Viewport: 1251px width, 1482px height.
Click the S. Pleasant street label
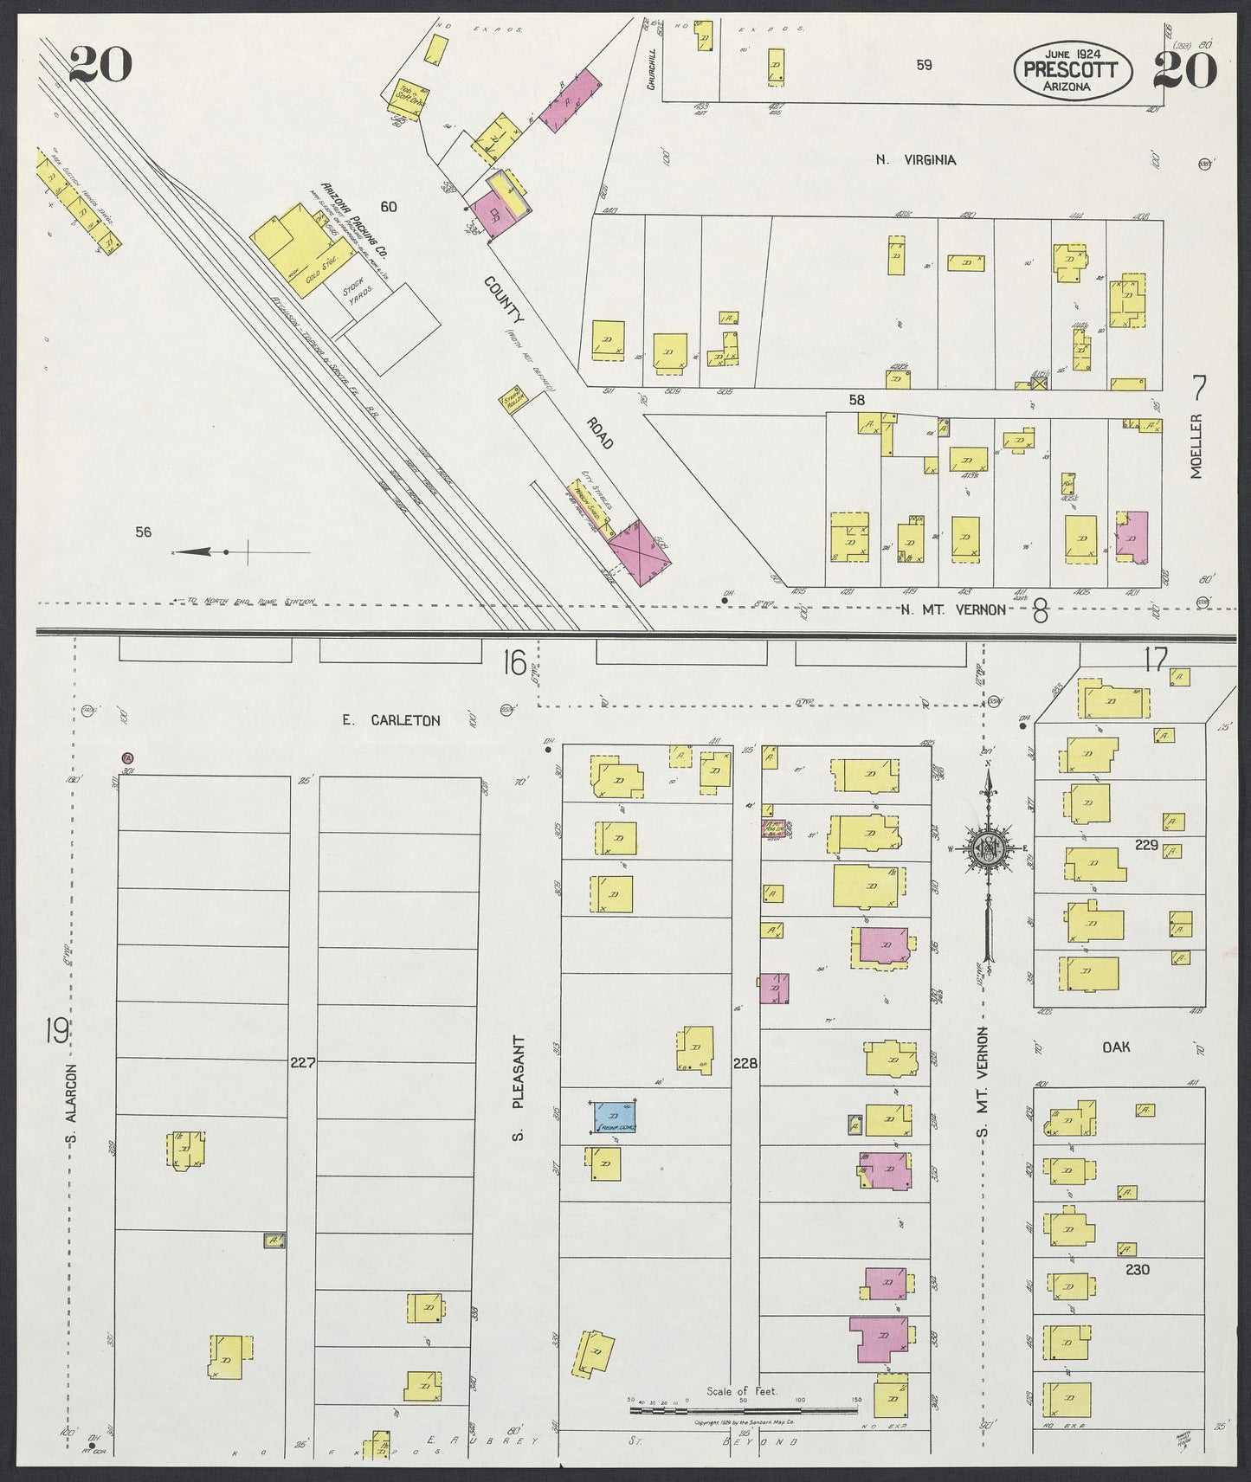519,1085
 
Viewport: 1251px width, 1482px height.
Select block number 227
303,1062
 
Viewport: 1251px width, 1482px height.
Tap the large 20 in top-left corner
100,65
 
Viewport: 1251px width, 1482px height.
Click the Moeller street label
1197,446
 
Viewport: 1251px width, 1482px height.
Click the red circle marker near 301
128,757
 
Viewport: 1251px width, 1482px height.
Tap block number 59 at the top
924,65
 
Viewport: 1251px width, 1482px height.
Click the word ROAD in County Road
599,434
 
